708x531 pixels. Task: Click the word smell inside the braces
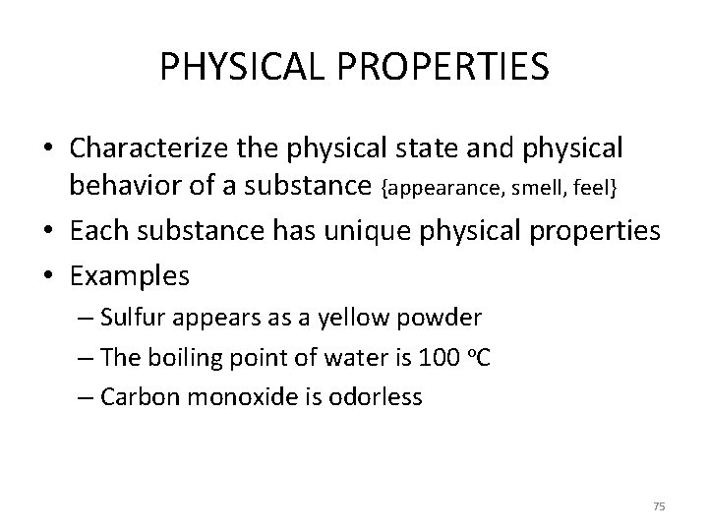click(x=541, y=186)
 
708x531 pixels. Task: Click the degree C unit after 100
click(x=483, y=357)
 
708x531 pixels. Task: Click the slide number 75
click(x=659, y=505)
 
